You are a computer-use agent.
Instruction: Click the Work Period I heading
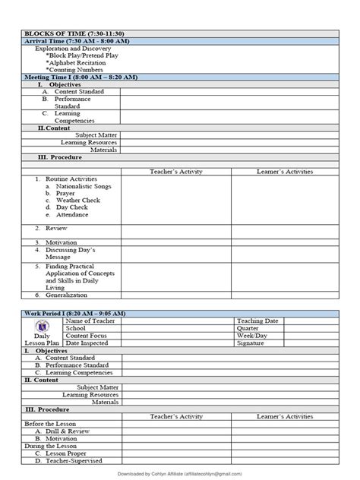(x=75, y=314)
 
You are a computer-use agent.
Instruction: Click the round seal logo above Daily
(x=42, y=327)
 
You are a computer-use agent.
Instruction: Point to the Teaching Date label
(x=257, y=321)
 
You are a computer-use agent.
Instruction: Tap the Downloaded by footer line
(x=180, y=473)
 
